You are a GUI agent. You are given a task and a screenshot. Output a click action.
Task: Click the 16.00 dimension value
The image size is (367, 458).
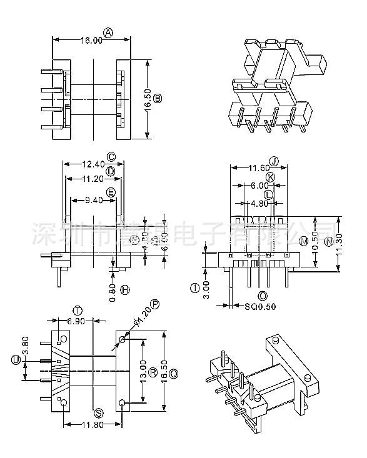91,41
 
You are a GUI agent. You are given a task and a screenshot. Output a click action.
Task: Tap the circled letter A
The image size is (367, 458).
109,32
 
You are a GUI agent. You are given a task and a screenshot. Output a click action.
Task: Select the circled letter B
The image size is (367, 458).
158,98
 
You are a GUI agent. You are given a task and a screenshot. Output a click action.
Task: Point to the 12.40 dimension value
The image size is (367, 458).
93,164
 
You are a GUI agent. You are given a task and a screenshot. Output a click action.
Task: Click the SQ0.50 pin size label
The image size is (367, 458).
249,306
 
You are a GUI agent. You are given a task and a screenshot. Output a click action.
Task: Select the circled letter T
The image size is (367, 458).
78,311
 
